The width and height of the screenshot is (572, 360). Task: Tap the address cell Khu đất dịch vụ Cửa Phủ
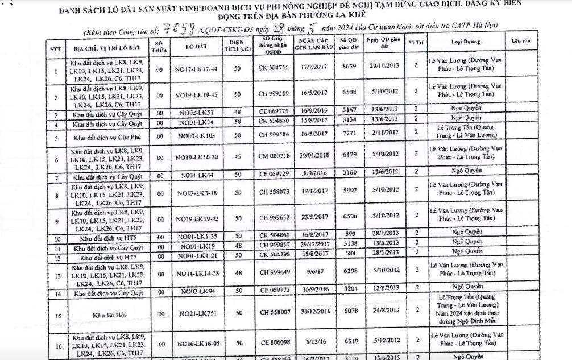click(x=106, y=138)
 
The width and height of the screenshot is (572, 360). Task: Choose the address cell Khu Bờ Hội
click(x=106, y=313)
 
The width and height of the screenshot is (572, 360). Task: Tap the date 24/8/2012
click(x=384, y=311)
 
